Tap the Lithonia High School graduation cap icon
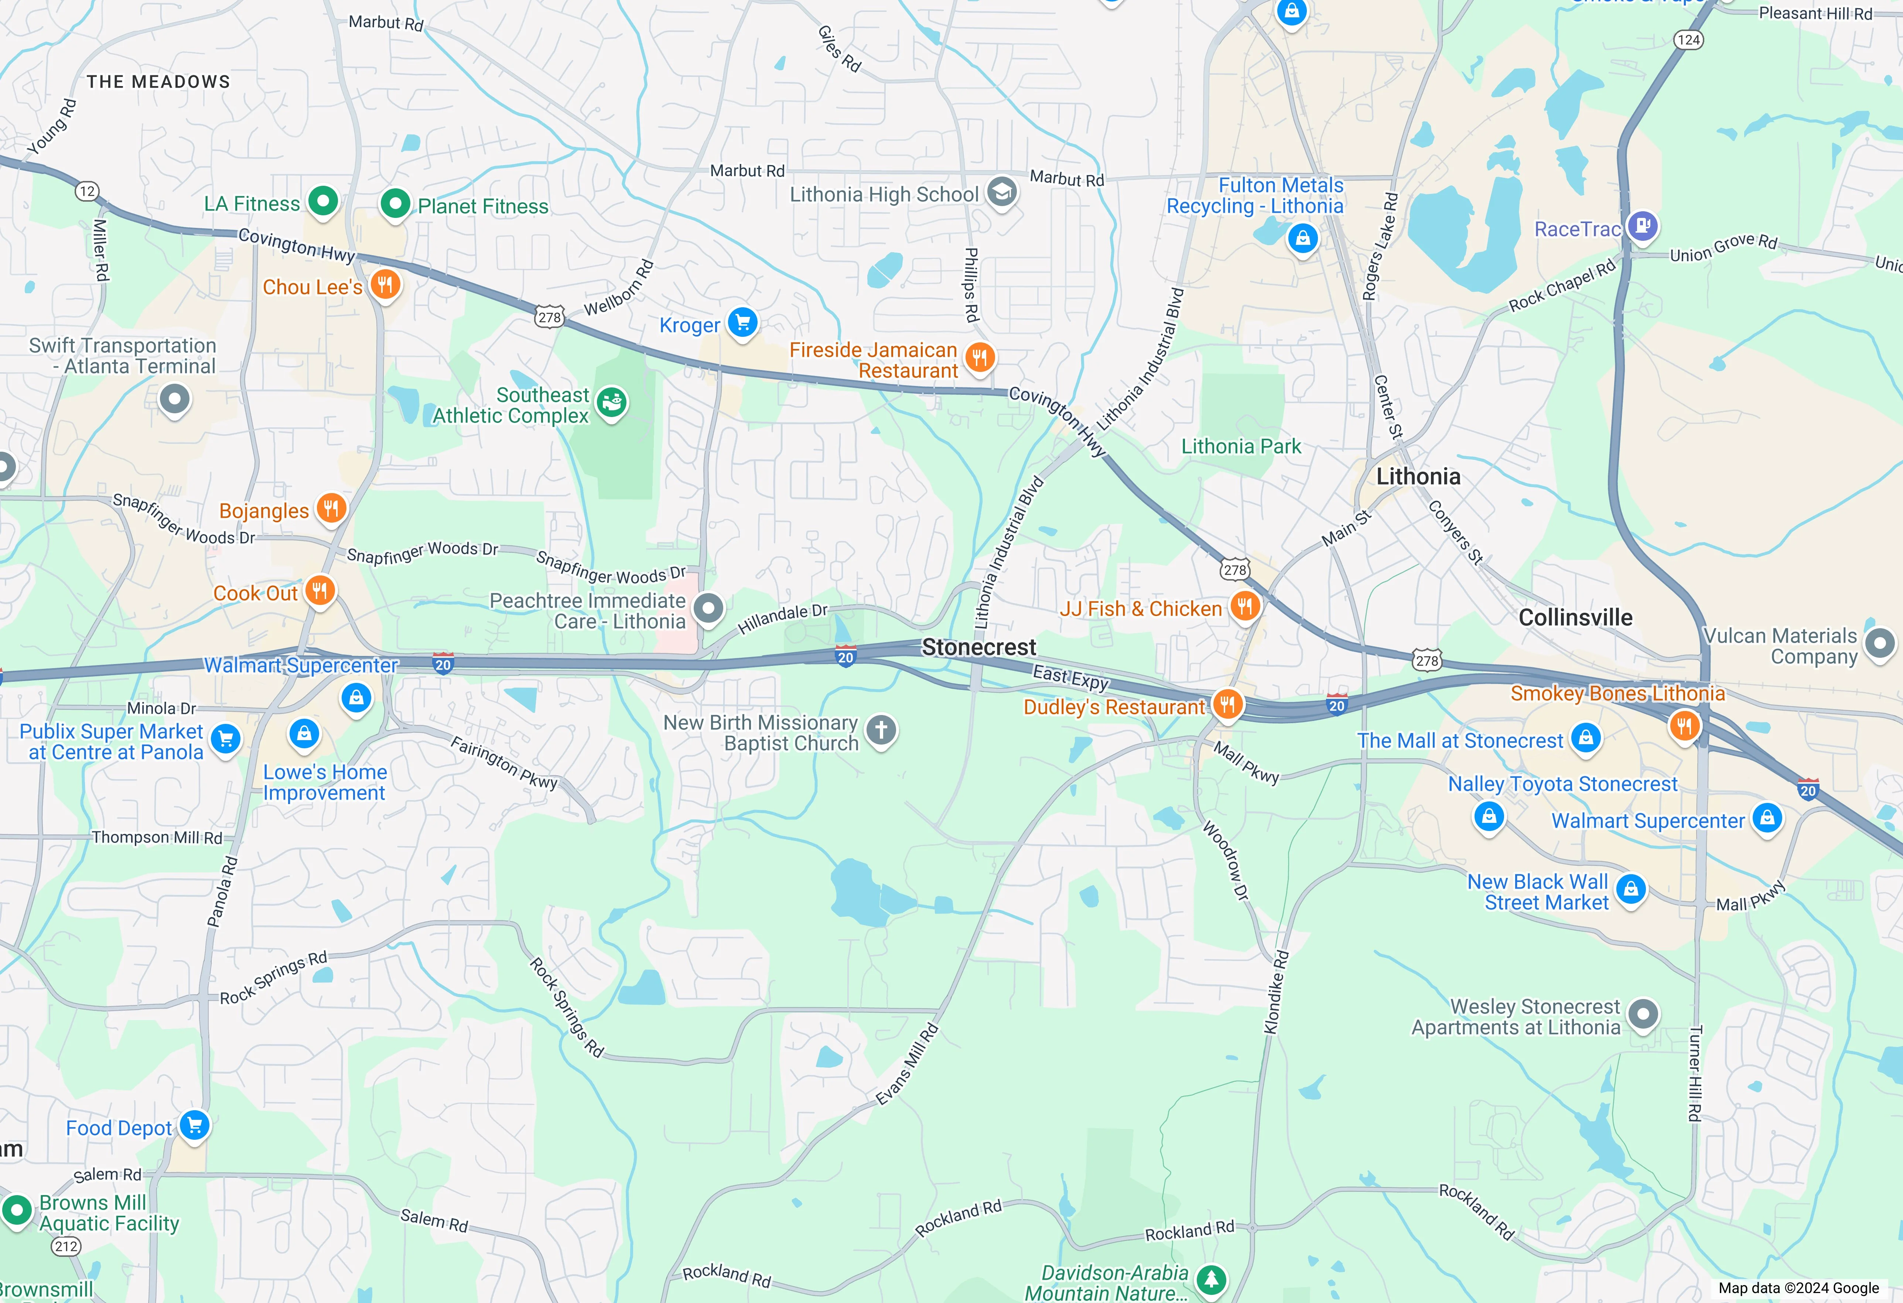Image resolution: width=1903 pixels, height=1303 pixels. click(x=1001, y=192)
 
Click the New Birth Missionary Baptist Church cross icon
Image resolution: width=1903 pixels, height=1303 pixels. click(x=881, y=730)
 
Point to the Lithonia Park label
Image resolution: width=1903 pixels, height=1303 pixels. click(x=1241, y=447)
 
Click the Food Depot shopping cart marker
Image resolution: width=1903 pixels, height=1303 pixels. click(x=195, y=1125)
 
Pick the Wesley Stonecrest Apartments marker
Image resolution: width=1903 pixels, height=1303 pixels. click(x=1643, y=1014)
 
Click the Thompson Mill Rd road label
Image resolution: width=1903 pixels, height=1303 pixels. click(x=156, y=837)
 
